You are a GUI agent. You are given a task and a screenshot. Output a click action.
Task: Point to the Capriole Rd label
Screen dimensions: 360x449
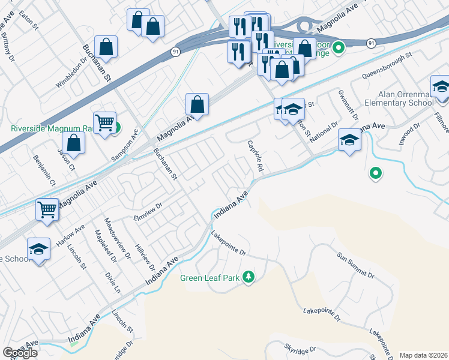[256, 157]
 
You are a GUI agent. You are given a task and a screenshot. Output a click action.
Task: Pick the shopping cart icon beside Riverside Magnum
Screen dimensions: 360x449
[104, 122]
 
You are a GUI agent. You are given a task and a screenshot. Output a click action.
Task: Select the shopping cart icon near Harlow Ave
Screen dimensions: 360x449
[47, 209]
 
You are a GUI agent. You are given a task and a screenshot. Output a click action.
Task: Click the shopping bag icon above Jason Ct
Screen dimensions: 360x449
[73, 143]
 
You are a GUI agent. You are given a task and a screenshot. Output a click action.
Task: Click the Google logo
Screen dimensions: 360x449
[20, 353]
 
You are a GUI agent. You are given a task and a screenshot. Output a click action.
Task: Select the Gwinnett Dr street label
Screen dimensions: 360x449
[348, 104]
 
